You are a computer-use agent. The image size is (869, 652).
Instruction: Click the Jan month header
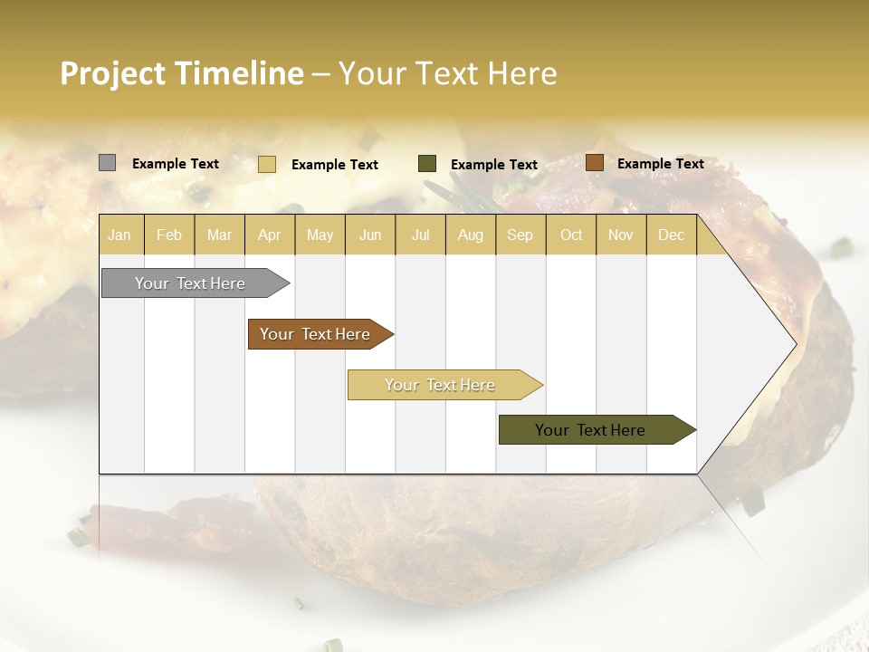point(119,235)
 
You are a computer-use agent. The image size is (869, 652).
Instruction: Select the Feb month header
point(169,235)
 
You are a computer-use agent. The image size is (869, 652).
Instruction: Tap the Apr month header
point(270,235)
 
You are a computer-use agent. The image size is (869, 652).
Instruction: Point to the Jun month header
point(370,235)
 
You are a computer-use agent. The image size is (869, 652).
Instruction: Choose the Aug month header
point(471,235)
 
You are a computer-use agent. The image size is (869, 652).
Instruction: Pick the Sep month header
point(520,235)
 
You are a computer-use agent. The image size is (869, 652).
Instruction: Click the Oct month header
point(571,235)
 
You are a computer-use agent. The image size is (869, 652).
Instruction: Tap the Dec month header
point(672,235)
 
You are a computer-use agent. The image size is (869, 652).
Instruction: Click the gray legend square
point(107,163)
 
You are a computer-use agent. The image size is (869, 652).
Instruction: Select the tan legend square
point(266,164)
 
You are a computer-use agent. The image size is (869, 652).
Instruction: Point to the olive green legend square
point(427,163)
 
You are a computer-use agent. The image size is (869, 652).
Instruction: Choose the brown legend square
point(594,163)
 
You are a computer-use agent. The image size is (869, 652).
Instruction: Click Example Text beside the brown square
point(660,164)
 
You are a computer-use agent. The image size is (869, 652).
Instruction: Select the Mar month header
point(220,235)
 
